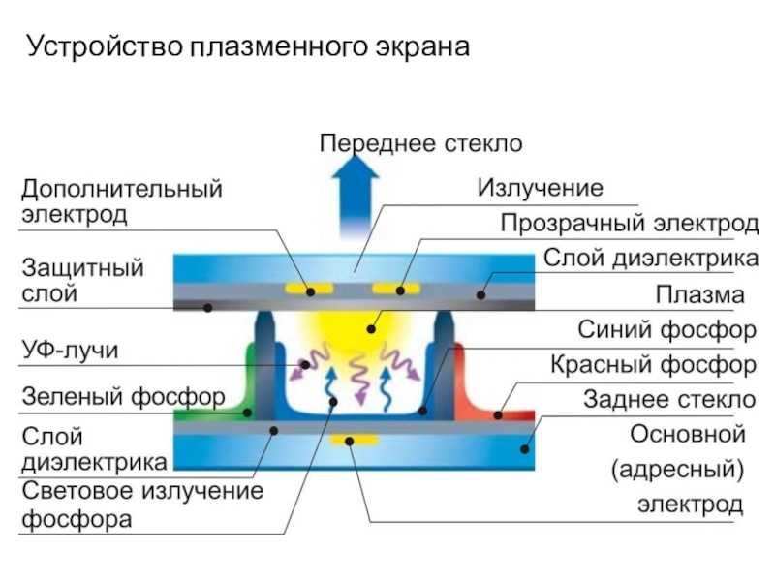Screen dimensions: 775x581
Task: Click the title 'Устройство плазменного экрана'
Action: coord(248,47)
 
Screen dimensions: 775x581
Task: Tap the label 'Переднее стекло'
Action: coord(420,143)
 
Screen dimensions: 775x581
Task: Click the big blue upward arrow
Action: coord(356,197)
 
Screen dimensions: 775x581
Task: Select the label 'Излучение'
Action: coord(540,188)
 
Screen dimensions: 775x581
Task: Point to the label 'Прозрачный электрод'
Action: coord(629,224)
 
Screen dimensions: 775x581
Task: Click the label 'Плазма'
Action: coord(699,295)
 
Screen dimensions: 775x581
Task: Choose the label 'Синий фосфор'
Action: coord(666,329)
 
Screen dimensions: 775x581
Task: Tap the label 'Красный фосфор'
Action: coord(653,365)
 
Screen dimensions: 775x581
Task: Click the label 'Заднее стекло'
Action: coord(669,399)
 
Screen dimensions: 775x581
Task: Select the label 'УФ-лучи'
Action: coord(70,350)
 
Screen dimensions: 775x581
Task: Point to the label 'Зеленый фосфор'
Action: coord(124,397)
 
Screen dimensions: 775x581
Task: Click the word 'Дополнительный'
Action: coord(122,189)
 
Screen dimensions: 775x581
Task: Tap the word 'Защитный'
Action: coord(82,268)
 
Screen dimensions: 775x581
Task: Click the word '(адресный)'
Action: coord(677,470)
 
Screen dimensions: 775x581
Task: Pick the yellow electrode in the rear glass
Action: coord(354,440)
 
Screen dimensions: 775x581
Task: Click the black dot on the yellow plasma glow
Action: coord(371,329)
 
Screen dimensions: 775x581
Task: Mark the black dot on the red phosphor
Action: coord(498,415)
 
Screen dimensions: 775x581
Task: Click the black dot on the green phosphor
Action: coord(248,413)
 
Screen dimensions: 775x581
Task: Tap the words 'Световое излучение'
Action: coord(142,491)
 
